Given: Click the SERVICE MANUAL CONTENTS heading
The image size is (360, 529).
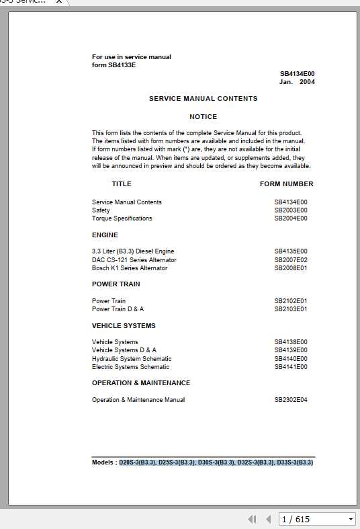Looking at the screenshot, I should (x=203, y=99).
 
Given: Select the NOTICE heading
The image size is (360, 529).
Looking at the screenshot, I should (x=203, y=117).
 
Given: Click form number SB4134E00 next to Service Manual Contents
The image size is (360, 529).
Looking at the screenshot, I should (x=290, y=202).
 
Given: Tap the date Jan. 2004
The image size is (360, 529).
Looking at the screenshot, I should (x=297, y=82).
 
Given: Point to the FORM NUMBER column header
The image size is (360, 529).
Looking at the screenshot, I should (x=286, y=184).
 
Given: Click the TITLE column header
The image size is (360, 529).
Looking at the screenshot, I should (x=122, y=184).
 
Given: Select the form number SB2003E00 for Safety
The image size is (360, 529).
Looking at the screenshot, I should (x=290, y=210).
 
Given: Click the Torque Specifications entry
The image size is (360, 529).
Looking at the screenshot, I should (x=122, y=218).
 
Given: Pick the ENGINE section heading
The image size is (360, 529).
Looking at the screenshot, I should (x=105, y=235).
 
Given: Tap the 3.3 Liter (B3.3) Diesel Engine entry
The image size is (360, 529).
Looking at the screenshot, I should (x=133, y=251).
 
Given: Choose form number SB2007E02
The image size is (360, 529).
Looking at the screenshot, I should (x=290, y=260).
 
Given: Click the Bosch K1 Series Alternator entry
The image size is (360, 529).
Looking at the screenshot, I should (x=130, y=268).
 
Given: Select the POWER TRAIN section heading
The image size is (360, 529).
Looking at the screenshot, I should (x=116, y=284).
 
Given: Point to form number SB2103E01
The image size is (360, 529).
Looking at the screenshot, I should (x=290, y=309).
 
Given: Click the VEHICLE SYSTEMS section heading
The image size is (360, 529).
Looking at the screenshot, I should (x=124, y=326).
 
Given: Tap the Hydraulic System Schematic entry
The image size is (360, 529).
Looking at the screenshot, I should (x=132, y=359).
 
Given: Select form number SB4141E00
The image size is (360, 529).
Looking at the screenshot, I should (x=290, y=367).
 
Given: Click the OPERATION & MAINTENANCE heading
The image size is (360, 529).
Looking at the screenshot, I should (x=141, y=383).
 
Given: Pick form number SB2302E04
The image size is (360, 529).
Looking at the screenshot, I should (x=290, y=400).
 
